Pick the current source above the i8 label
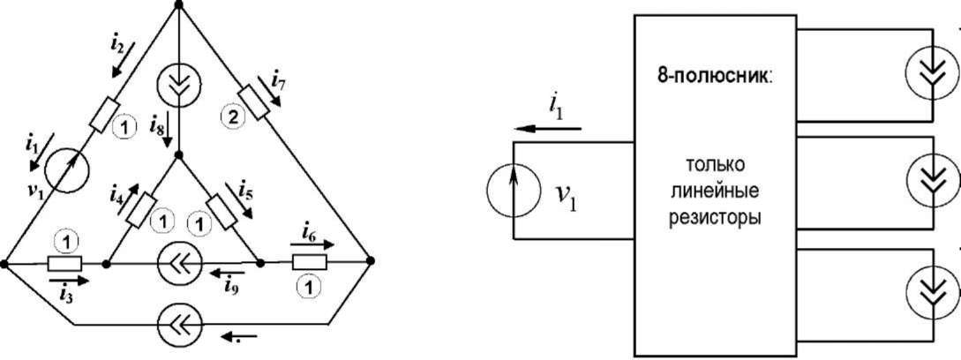click(178, 86)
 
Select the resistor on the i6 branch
click(309, 262)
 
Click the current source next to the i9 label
click(180, 263)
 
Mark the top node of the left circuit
click(179, 5)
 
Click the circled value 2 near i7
click(232, 116)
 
